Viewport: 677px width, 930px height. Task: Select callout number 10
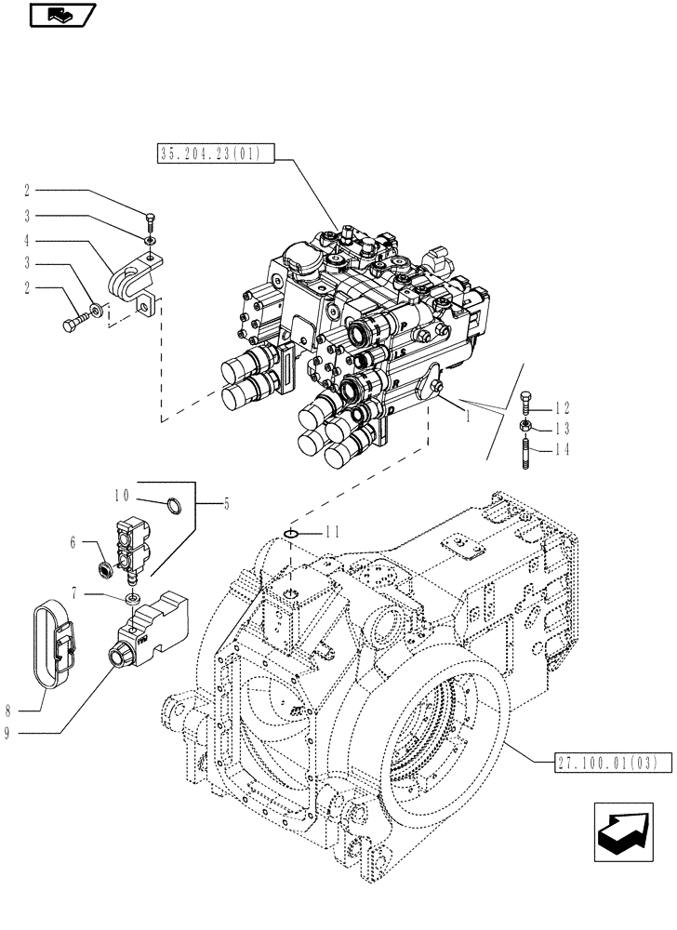pyautogui.click(x=122, y=498)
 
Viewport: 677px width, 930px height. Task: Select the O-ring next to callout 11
pyautogui.click(x=290, y=534)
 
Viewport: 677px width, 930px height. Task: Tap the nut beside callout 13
pyautogui.click(x=524, y=428)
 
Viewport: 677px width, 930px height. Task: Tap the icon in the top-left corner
pyautogui.click(x=62, y=15)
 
